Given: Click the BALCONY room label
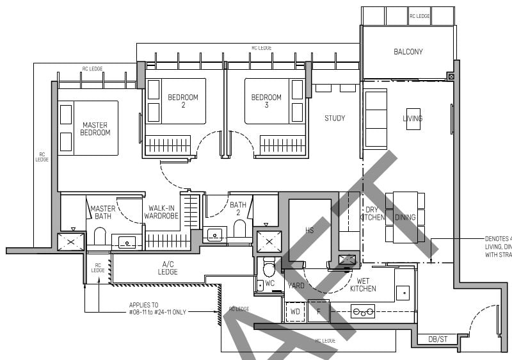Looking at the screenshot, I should coord(408,52).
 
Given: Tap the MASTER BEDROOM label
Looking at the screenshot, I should coord(95,129).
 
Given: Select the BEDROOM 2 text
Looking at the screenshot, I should coord(183,101).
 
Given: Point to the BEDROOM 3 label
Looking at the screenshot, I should coord(266,101).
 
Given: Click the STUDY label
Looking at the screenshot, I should coord(335,118).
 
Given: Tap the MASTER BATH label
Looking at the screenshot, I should coord(102,212).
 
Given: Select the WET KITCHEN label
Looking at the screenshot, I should coord(363,284).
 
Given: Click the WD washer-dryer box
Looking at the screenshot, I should coord(295,311).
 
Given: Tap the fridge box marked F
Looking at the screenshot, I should coord(318,311).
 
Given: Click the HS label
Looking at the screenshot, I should coord(310,229).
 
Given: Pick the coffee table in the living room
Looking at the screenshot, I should coord(413,119).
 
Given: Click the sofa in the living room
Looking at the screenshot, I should coord(376,119).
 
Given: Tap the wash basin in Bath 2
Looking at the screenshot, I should coord(214,234).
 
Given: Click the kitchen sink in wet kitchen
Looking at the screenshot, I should coord(403,293).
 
